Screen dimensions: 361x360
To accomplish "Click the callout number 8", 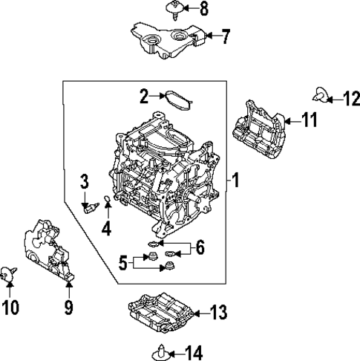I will coord(203,9).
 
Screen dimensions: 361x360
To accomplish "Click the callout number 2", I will coord(145,94).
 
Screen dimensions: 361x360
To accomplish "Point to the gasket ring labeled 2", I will coord(176,99).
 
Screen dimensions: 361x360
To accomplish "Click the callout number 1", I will coord(236,180).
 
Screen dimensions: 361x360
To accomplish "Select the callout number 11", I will coord(309,119).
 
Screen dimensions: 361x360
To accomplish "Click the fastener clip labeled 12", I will coord(321,94).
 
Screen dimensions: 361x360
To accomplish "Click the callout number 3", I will coord(85,180).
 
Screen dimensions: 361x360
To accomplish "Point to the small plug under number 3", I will coord(91,208).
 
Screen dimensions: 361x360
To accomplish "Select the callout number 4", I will coord(107,230).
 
